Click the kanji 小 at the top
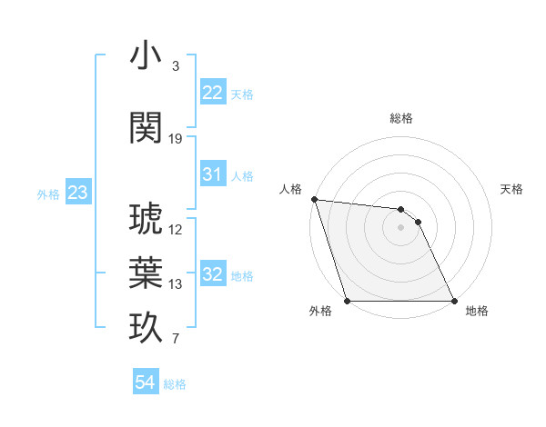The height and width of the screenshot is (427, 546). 146,56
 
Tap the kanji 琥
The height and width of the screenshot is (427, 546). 146,219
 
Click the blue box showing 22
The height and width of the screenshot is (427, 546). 213,92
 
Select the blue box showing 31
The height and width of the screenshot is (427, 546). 213,174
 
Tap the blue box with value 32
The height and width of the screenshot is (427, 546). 213,274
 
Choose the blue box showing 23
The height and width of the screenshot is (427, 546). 77,193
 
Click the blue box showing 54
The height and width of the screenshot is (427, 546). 146,382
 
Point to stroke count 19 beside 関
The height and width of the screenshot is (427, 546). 176,139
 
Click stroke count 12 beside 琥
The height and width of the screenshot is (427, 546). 176,230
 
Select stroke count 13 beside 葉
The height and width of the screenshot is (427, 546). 176,284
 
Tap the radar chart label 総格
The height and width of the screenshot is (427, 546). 400,118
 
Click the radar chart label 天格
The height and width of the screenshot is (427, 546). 511,189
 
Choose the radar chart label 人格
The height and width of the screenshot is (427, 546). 290,189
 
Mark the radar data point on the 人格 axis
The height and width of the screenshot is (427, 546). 314,199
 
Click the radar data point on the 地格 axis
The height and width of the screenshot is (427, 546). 453,300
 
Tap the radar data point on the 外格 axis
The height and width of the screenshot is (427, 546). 347,300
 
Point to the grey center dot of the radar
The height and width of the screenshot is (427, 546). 400,227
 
